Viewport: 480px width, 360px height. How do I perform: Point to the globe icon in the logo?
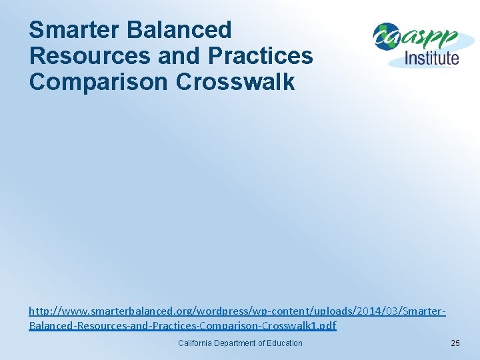[385, 37]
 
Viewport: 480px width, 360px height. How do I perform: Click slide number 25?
[455, 343]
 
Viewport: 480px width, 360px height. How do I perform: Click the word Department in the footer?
[237, 343]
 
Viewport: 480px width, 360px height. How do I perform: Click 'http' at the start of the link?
[37, 311]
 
